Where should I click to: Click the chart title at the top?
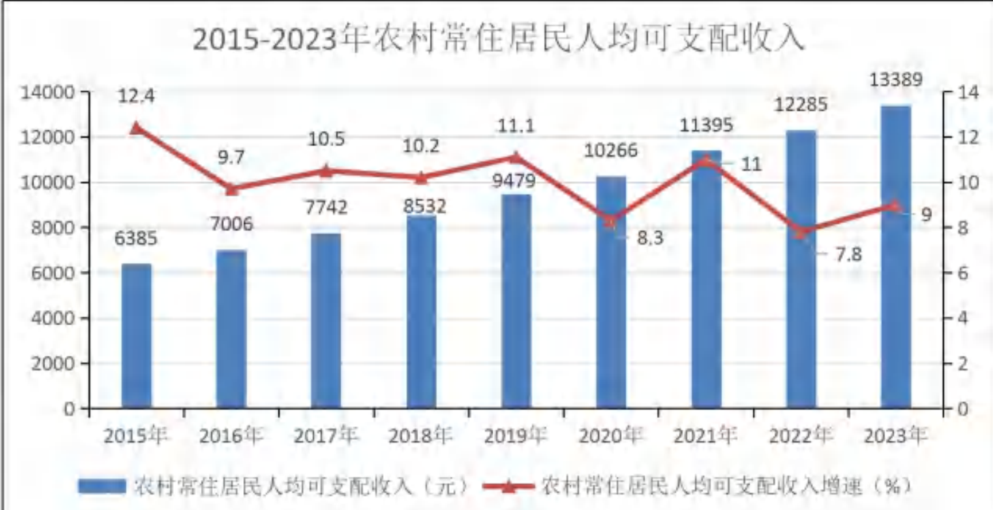(x=498, y=39)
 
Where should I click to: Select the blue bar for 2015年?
(x=137, y=336)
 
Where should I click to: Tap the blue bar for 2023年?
(x=895, y=257)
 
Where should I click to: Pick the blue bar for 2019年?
(x=516, y=301)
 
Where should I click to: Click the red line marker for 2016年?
(x=231, y=189)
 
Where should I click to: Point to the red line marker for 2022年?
(x=801, y=232)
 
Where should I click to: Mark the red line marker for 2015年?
(x=137, y=128)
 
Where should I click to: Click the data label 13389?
(x=895, y=80)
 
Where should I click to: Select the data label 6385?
(x=136, y=238)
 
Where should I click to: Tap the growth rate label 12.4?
(x=136, y=96)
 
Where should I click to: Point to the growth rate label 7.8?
(x=848, y=254)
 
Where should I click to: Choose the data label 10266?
(x=611, y=150)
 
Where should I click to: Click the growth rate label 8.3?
(x=650, y=238)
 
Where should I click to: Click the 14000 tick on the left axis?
(x=48, y=92)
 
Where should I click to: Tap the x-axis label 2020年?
(x=610, y=436)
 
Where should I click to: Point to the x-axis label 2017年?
(x=326, y=436)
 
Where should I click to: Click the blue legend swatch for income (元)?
(x=102, y=486)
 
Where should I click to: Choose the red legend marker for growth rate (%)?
(x=508, y=486)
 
